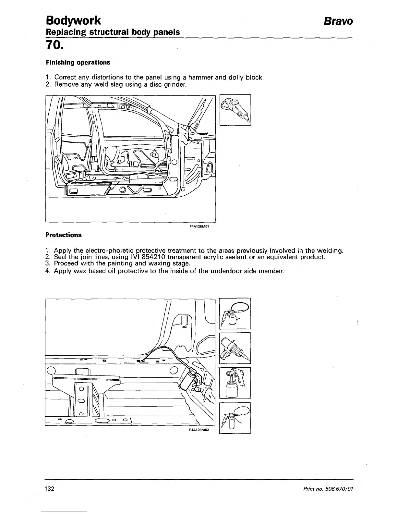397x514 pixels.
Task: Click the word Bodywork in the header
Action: (73, 20)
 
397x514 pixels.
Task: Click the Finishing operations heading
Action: (78, 62)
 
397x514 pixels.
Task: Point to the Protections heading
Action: (64, 235)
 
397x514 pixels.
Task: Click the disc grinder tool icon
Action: (235, 110)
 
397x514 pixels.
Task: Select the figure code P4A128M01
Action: (198, 227)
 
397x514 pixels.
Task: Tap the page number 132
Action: (49, 489)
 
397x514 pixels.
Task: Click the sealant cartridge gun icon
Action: (235, 348)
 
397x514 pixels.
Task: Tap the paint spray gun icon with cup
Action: (235, 383)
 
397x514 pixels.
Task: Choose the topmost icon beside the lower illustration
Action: (235, 313)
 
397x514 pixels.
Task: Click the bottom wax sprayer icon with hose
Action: (235, 418)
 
